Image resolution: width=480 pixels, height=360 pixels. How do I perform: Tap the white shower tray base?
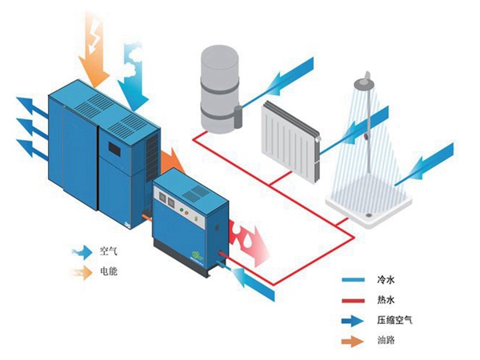click(369, 196)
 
